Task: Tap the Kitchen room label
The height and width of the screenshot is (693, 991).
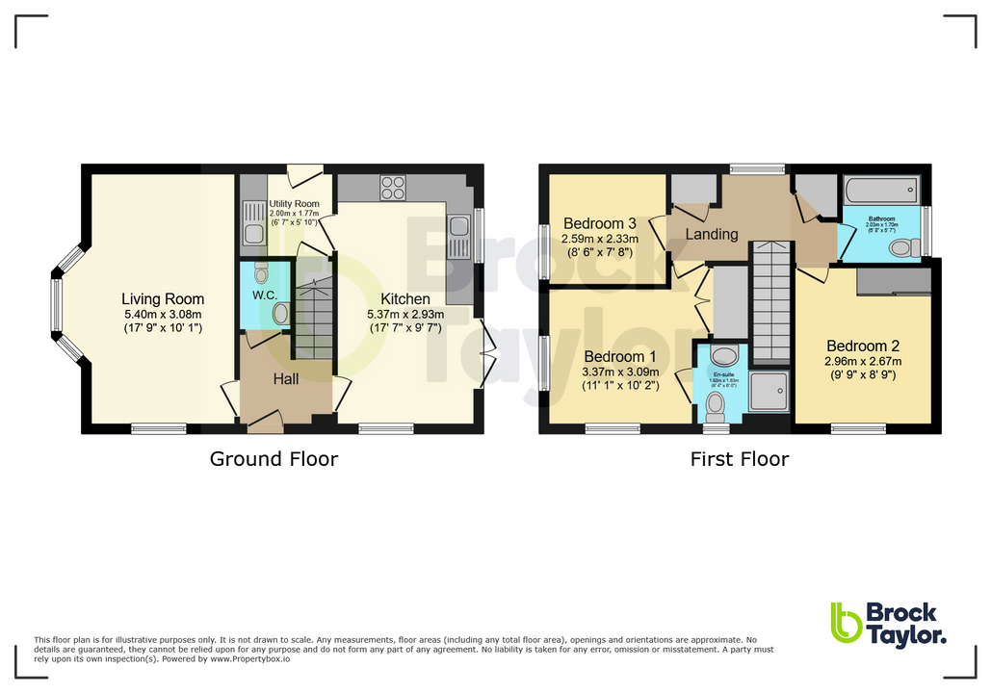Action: [405, 298]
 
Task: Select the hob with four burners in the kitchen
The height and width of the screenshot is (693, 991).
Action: [393, 187]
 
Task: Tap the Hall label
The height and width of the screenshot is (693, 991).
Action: [285, 380]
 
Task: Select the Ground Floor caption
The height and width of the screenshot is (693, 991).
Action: [274, 459]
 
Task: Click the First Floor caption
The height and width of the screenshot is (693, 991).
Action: [739, 459]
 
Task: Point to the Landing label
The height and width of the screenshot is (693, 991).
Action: [712, 234]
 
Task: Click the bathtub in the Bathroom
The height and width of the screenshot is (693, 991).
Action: [880, 190]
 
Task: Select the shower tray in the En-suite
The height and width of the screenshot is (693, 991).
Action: [769, 389]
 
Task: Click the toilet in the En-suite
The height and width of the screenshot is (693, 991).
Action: [716, 411]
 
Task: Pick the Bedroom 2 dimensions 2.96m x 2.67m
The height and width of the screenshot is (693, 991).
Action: [862, 362]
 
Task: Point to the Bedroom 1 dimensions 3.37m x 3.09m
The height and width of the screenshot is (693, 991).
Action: [620, 372]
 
